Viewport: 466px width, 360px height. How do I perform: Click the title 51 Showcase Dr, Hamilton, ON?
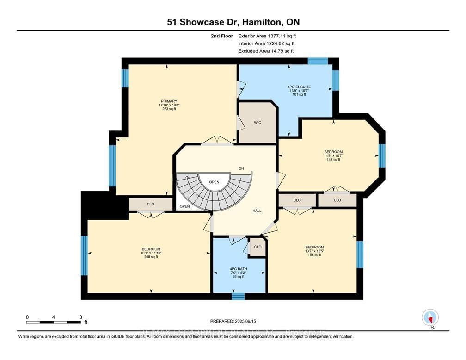pos(233,22)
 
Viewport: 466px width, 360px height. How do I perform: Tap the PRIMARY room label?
pos(169,101)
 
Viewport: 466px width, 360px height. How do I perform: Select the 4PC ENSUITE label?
pos(299,87)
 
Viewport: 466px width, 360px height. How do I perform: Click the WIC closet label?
pos(258,123)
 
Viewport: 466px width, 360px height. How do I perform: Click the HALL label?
pos(257,211)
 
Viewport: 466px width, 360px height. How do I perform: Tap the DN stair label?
pos(241,168)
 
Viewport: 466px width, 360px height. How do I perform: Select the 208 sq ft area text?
pos(148,257)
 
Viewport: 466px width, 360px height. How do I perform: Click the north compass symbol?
pos(430,318)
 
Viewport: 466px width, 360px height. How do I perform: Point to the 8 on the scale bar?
pos(80,317)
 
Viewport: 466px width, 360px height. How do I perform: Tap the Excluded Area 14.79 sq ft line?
pos(265,51)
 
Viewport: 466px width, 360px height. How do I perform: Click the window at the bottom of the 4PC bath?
pos(238,296)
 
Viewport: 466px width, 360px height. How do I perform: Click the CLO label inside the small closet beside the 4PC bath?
pos(258,247)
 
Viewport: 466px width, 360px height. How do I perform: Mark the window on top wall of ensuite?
pos(318,61)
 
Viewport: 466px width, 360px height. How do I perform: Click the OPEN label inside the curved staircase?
pos(214,182)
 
